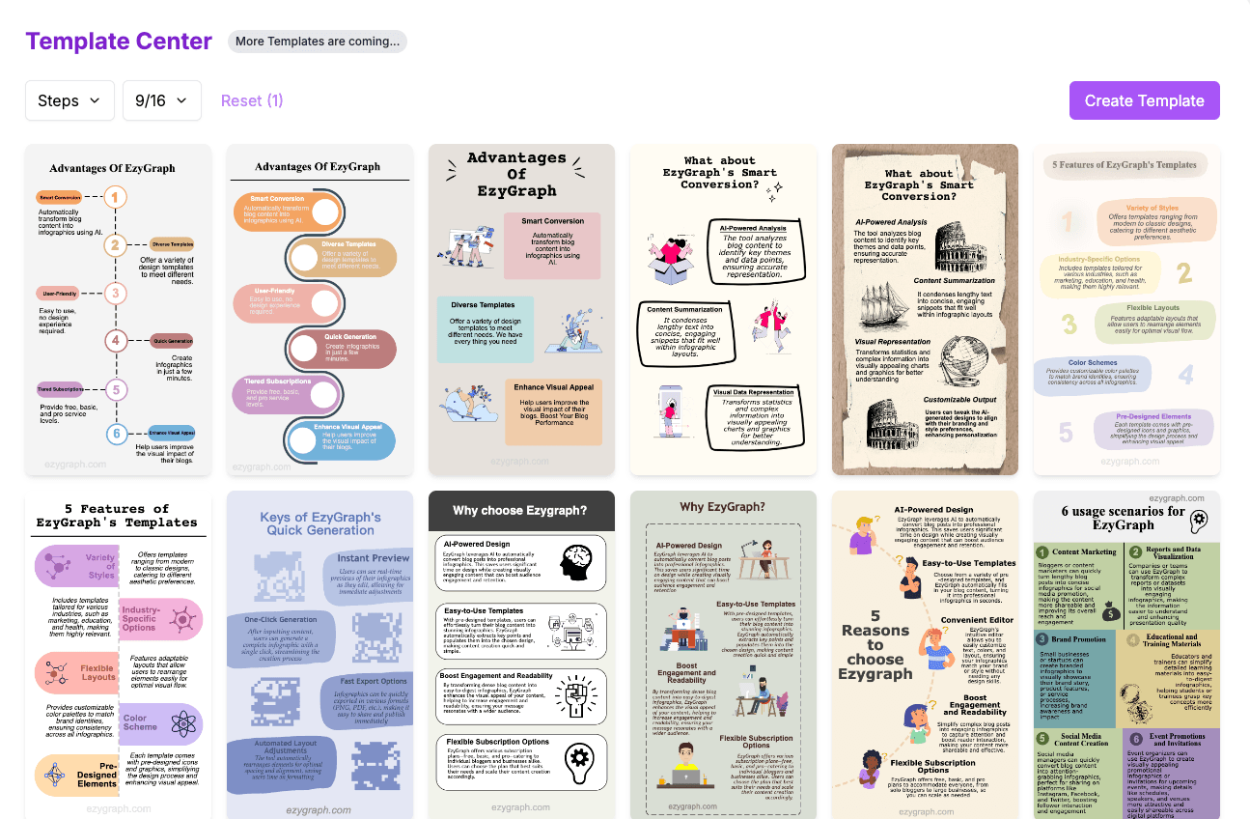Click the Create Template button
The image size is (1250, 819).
pyautogui.click(x=1144, y=100)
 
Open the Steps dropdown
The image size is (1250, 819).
pyautogui.click(x=69, y=100)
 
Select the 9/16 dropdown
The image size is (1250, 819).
pyautogui.click(x=161, y=100)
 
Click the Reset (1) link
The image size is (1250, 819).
pyautogui.click(x=252, y=100)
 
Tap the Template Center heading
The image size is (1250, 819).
pyautogui.click(x=119, y=42)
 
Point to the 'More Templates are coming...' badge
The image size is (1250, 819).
pyautogui.click(x=318, y=42)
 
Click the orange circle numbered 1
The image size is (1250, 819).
pyautogui.click(x=115, y=198)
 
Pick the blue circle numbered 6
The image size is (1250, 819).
pyautogui.click(x=116, y=434)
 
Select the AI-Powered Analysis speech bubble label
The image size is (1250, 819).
pyautogui.click(x=753, y=229)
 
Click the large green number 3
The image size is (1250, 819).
pyautogui.click(x=1069, y=323)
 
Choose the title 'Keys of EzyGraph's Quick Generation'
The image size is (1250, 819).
pyautogui.click(x=319, y=523)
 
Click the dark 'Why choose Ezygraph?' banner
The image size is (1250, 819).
pyautogui.click(x=520, y=510)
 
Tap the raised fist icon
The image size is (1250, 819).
pyautogui.click(x=579, y=693)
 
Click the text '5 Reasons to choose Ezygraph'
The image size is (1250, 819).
pyautogui.click(x=875, y=644)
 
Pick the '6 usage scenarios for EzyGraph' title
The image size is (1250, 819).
pyautogui.click(x=1123, y=518)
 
